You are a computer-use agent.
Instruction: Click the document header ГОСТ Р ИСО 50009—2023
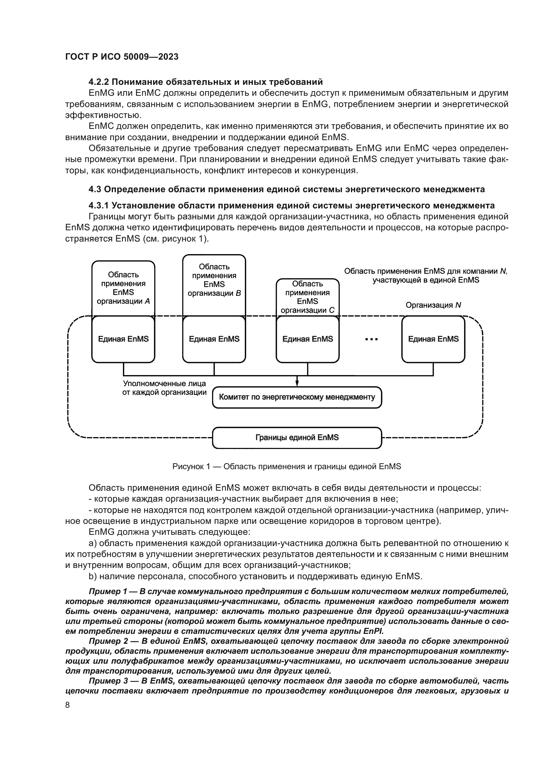tap(122, 57)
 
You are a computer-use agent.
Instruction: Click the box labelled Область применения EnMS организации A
tap(123, 288)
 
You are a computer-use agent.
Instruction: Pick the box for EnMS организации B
tap(214, 280)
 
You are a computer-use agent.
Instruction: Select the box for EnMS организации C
tap(307, 297)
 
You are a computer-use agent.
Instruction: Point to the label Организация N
tap(433, 305)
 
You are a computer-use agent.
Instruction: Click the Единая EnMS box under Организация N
tap(433, 339)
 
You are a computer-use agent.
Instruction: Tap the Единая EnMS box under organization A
tap(123, 339)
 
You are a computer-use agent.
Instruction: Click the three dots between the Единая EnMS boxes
tap(371, 340)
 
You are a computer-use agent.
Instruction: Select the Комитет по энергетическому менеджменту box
tap(297, 397)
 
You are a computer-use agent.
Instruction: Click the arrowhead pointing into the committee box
tap(297, 383)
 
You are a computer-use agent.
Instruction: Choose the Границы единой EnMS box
tap(297, 437)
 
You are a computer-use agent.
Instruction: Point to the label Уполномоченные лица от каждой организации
tap(164, 388)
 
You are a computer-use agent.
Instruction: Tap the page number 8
tap(68, 705)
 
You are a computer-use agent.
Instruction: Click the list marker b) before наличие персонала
tap(92, 576)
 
